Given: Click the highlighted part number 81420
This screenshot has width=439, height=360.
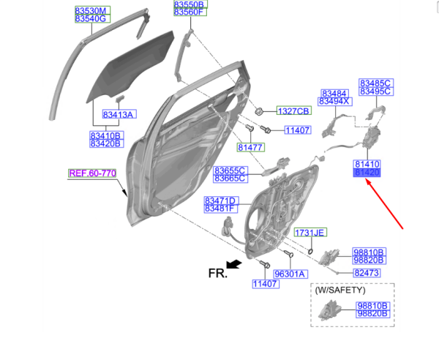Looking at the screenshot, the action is click(x=367, y=173).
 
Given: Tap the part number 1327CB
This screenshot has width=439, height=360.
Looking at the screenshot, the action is click(x=293, y=111).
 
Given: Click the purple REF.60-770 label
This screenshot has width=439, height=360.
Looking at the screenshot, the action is click(x=92, y=173).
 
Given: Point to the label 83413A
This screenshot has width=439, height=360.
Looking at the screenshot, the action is click(x=119, y=114).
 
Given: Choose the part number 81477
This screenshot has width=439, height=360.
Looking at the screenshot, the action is click(x=250, y=147).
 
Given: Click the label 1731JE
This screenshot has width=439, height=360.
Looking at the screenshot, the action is click(x=310, y=233).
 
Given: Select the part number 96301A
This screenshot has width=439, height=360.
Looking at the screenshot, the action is click(x=290, y=274).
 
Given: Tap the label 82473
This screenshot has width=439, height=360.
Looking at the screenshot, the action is click(x=367, y=273).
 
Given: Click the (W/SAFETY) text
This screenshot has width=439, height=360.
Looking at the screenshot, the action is click(x=340, y=290).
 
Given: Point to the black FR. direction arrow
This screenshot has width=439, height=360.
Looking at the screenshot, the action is click(x=234, y=264).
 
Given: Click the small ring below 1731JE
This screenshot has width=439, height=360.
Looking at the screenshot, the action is click(x=310, y=252).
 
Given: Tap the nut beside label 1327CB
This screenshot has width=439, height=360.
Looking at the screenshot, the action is click(x=259, y=111).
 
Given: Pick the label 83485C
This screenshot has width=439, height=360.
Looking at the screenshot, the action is click(x=376, y=83).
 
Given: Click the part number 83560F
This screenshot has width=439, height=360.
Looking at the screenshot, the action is click(x=190, y=12).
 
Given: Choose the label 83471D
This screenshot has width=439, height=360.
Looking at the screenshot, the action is click(x=221, y=200).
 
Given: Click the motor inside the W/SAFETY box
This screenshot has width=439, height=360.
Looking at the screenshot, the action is click(x=330, y=310).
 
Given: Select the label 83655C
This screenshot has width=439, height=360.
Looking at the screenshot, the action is click(x=230, y=170).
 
